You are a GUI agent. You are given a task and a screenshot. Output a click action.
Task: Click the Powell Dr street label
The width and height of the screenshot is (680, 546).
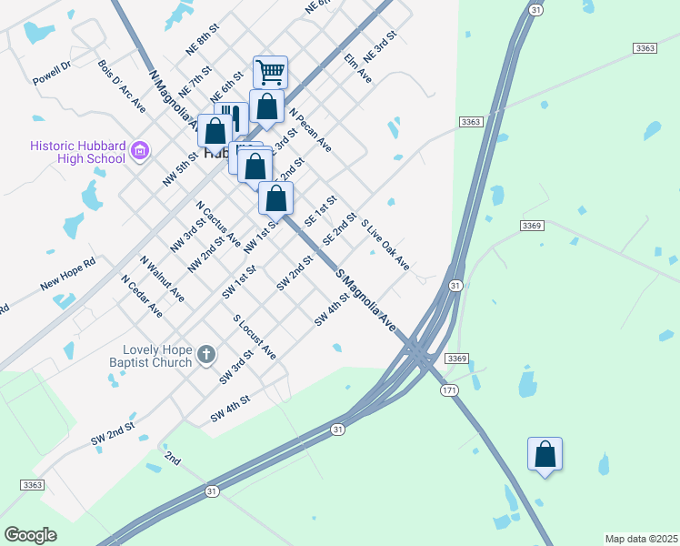point(52,73)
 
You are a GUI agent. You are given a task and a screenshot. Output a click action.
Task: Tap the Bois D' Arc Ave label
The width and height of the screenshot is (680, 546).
point(122,87)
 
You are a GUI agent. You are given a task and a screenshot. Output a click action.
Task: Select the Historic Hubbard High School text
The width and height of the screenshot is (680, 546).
point(77,152)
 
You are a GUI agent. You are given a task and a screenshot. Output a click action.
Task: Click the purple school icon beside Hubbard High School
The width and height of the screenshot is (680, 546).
point(140,150)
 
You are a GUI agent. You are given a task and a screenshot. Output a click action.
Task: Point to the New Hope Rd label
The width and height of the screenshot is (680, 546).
point(67,275)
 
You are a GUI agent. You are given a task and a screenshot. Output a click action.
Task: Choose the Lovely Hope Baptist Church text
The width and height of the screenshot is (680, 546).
point(158,356)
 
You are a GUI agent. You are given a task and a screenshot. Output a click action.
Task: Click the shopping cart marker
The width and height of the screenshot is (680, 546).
point(270,71)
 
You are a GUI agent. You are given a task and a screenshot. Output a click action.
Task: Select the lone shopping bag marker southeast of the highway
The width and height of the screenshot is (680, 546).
point(545,453)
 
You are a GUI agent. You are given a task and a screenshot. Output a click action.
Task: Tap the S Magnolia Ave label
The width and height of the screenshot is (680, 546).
point(367,299)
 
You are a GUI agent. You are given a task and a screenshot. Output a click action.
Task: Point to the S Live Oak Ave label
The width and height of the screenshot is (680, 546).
point(385,245)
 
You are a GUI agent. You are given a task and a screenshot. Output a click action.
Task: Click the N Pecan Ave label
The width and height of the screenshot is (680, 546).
point(311,131)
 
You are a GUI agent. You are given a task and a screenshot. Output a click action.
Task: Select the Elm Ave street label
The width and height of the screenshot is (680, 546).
point(358,69)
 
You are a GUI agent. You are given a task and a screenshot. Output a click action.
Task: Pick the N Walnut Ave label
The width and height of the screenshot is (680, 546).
point(163,278)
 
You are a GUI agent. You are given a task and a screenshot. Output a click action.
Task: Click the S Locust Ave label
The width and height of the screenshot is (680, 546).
point(255,337)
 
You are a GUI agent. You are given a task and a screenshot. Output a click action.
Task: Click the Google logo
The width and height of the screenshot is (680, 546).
point(31,535)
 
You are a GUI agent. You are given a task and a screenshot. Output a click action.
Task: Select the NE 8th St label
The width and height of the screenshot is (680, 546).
point(204,41)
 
